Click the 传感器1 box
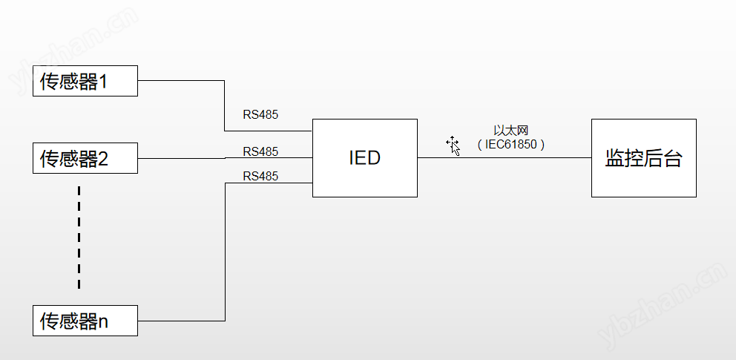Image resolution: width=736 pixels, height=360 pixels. tap(85, 80)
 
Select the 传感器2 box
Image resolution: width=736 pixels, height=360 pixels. tap(85, 158)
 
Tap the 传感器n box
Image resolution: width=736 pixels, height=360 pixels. tap(85, 321)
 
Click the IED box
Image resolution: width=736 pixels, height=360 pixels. tap(364, 158)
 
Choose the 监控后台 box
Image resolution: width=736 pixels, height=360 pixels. tap(643, 158)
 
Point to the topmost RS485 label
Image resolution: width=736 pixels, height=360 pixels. tap(260, 115)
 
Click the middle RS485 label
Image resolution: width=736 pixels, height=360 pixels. tap(260, 151)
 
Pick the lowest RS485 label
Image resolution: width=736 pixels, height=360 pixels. tap(260, 176)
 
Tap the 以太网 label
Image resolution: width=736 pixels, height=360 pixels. tap(510, 131)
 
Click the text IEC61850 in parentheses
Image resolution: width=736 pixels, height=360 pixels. tap(511, 145)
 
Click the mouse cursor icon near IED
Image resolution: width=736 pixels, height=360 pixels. tap(453, 145)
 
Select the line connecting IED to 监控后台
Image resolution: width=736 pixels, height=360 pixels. tap(505, 157)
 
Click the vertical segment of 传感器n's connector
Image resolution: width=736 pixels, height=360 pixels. tap(225, 252)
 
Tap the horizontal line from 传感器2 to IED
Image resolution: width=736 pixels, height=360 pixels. tap(185, 157)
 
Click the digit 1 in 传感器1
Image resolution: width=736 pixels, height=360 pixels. tap(104, 81)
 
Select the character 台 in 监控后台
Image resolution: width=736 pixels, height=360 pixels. tap(672, 158)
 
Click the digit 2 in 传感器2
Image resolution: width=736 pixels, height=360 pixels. tap(104, 159)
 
